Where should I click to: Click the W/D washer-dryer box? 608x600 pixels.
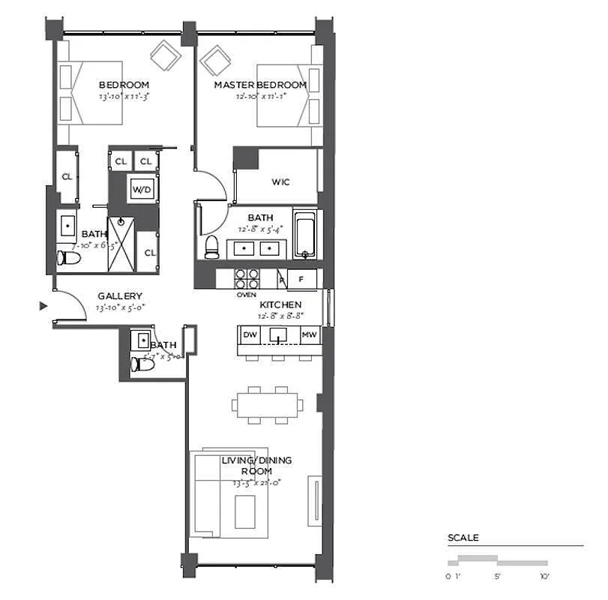click(142, 190)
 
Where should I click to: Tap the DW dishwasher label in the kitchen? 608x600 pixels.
click(250, 334)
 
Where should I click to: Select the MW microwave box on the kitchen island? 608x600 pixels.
click(308, 334)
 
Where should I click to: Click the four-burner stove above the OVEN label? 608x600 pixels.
click(247, 278)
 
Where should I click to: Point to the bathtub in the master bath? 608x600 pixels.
click(304, 235)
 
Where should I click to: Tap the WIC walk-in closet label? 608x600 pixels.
click(281, 182)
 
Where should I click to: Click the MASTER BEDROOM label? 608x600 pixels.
click(260, 85)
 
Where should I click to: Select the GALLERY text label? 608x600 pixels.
click(120, 296)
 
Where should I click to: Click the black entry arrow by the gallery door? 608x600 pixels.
click(43, 305)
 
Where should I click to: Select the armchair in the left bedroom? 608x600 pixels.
click(164, 55)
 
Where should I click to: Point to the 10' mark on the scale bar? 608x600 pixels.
click(544, 576)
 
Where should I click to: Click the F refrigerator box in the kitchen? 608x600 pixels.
click(301, 279)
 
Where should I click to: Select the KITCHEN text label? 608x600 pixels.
click(280, 304)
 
